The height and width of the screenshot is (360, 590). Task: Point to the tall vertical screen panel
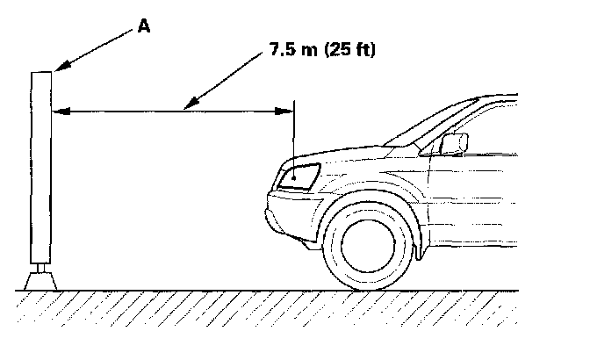[x=40, y=167]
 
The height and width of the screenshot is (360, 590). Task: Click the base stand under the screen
[x=40, y=280]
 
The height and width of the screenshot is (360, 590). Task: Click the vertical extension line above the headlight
[x=294, y=132]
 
